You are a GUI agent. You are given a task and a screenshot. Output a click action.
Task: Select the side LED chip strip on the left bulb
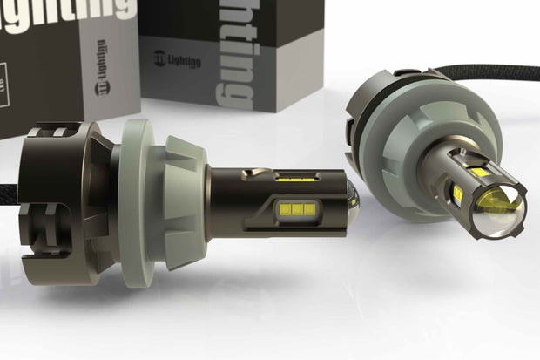coord(293,209)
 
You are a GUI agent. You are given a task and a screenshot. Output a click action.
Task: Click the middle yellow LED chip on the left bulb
coord(293,209)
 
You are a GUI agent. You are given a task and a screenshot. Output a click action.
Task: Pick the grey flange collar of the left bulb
coord(165,192)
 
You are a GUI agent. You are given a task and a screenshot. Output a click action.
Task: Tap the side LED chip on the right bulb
coord(456,194)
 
